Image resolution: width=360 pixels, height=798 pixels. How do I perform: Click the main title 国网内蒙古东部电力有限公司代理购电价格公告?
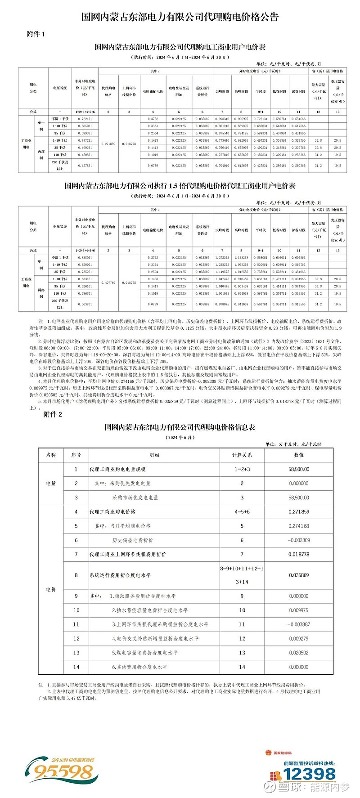180,17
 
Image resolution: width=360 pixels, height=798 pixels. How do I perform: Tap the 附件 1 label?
36,34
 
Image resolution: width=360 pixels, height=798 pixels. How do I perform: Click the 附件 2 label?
53,414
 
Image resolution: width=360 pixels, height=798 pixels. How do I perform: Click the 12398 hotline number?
310,774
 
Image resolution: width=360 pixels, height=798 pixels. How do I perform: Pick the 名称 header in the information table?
51,455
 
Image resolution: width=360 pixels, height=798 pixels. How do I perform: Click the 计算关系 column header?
242,455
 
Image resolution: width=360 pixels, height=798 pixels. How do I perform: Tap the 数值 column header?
299,455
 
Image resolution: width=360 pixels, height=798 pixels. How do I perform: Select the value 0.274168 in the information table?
299,526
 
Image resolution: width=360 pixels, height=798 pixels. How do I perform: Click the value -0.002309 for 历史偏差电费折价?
299,540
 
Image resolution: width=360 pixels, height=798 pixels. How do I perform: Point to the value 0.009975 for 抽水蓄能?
299,610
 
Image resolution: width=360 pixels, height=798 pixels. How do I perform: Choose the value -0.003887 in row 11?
299,624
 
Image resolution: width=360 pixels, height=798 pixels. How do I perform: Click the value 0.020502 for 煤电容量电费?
299,652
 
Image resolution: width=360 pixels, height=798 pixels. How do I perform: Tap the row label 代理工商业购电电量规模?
117,469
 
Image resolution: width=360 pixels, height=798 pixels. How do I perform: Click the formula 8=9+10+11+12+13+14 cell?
242,575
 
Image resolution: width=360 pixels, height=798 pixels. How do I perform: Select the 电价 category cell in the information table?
51,589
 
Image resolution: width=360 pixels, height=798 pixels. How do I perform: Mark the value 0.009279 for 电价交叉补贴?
299,638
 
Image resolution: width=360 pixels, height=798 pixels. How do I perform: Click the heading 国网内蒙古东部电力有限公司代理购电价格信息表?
180,427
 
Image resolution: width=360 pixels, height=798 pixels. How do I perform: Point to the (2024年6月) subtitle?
180,437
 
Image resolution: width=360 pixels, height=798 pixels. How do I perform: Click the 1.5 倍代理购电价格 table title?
180,186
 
